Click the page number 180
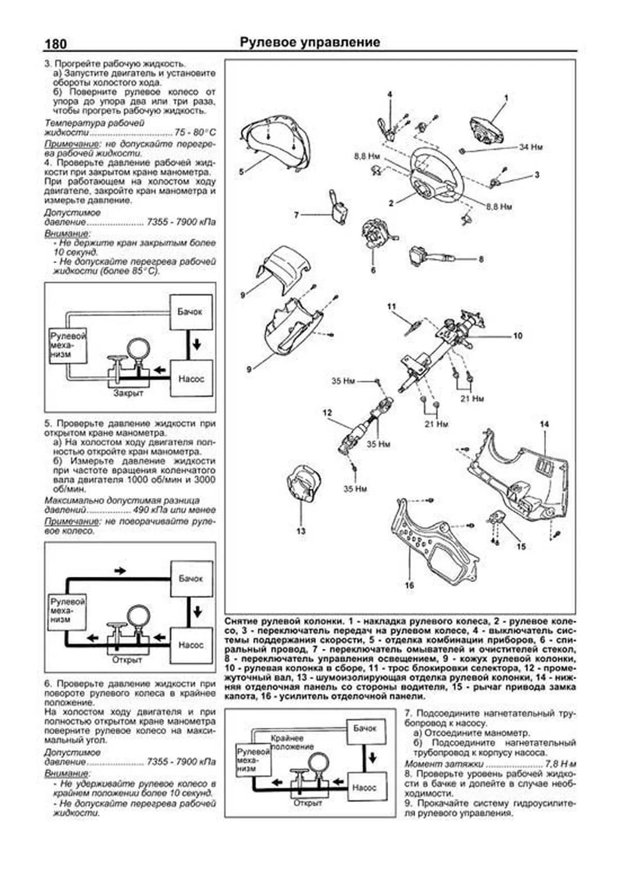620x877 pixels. [56, 44]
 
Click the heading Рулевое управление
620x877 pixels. [310, 42]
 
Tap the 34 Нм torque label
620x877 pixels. [531, 147]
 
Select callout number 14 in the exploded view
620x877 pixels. [544, 424]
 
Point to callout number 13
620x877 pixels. [301, 531]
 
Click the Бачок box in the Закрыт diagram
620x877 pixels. [190, 312]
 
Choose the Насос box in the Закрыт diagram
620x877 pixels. [191, 378]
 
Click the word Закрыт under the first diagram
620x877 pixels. [128, 393]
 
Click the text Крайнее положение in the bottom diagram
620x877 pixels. [292, 743]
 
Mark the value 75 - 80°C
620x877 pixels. [195, 133]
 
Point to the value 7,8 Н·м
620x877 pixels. [560, 764]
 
